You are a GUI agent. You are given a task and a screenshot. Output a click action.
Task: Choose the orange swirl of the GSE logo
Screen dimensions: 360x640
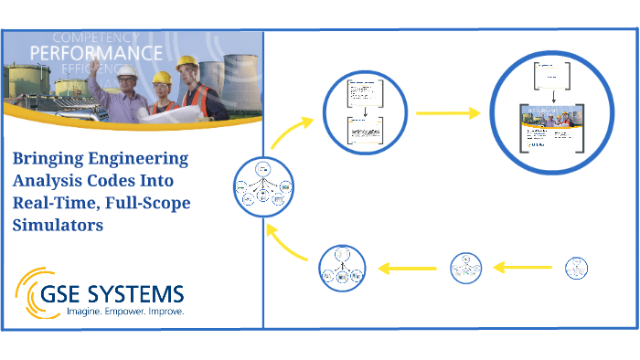click(34, 291)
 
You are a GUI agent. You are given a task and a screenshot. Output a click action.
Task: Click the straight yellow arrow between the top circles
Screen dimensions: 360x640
click(448, 113)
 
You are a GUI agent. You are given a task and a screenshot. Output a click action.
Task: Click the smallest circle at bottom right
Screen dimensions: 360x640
click(575, 268)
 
